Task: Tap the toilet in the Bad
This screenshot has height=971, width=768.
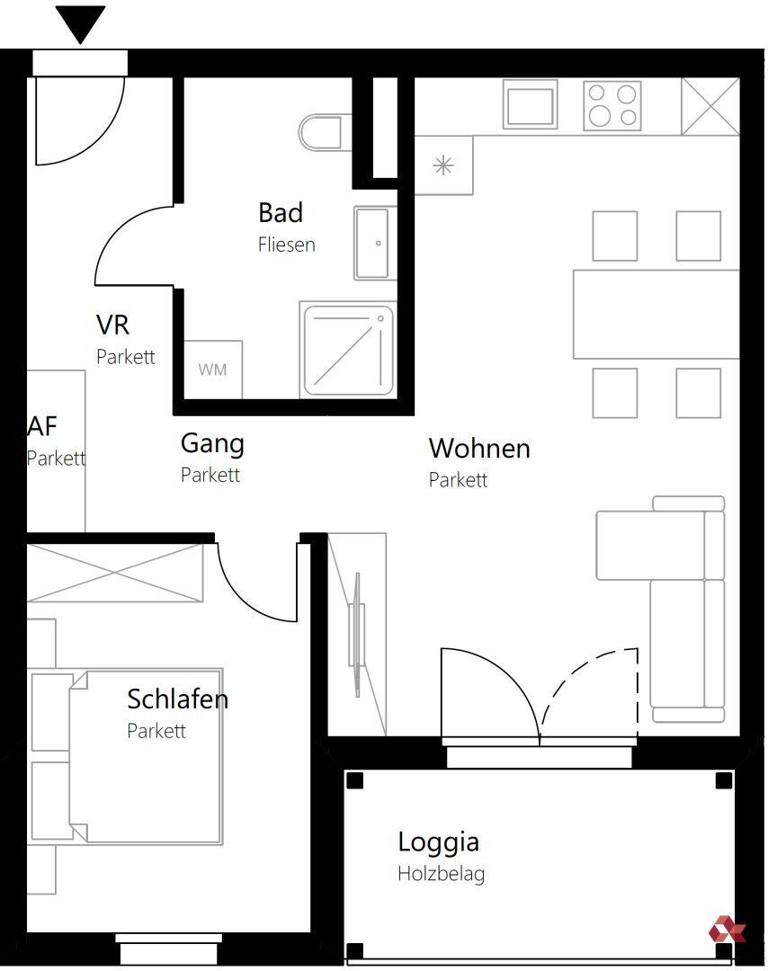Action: point(320,131)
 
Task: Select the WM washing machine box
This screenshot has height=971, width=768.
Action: point(212,370)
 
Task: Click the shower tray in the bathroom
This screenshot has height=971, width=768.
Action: point(348,350)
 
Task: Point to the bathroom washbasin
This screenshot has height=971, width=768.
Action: point(371,243)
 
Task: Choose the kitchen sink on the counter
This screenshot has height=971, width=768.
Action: point(531,105)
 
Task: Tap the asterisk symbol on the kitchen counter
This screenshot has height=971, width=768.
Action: point(442,166)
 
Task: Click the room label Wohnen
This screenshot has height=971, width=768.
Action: point(479,449)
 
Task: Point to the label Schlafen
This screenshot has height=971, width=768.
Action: point(178,699)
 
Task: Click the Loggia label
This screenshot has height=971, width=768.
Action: point(439,842)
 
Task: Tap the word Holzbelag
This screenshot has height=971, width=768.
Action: point(441,874)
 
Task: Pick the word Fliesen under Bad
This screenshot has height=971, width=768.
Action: point(286,245)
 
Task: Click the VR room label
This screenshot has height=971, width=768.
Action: point(112,325)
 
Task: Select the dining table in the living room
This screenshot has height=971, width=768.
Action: point(656,315)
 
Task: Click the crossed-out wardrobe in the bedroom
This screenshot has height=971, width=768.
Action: point(115,573)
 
